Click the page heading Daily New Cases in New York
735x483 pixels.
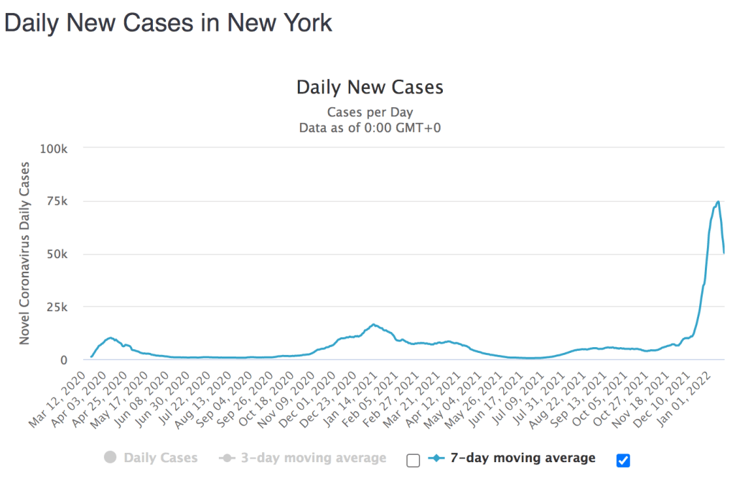tap(168, 22)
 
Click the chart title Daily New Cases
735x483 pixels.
tap(370, 88)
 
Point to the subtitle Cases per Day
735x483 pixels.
tap(370, 112)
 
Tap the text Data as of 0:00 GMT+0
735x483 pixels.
tap(370, 127)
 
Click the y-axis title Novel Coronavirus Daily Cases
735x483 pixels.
tap(25, 254)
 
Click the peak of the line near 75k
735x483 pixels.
tap(718, 201)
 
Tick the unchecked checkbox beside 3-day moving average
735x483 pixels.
tap(413, 460)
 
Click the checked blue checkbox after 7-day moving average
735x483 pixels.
tap(623, 460)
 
